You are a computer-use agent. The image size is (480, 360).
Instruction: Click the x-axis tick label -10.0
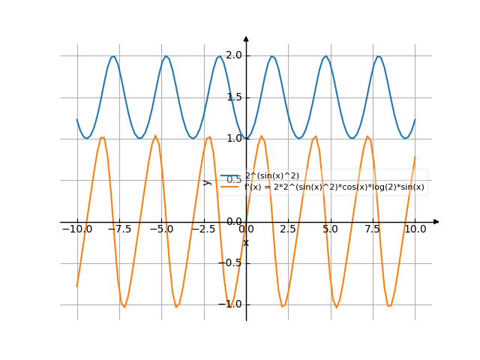click(76, 229)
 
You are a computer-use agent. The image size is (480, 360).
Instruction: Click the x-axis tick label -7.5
click(118, 229)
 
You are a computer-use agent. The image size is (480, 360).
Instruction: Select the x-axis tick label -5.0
click(160, 229)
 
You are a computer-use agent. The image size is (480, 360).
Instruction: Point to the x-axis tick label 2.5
click(288, 229)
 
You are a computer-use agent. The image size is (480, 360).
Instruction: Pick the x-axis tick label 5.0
click(330, 229)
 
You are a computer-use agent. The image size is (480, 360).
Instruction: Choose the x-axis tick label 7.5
click(373, 229)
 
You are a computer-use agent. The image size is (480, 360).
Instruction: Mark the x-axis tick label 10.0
click(415, 229)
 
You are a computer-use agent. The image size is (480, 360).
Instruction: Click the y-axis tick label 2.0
click(233, 55)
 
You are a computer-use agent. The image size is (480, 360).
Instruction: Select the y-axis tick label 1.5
click(233, 97)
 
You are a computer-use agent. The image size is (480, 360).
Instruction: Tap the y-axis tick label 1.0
click(233, 139)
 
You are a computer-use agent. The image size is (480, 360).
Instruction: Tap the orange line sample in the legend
click(230, 187)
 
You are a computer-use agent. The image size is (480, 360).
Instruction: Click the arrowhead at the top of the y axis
click(246, 39)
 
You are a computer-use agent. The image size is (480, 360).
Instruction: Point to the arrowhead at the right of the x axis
click(436, 222)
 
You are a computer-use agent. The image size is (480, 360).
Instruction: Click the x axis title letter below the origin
click(245, 242)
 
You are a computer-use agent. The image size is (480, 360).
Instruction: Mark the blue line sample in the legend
click(230, 176)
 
